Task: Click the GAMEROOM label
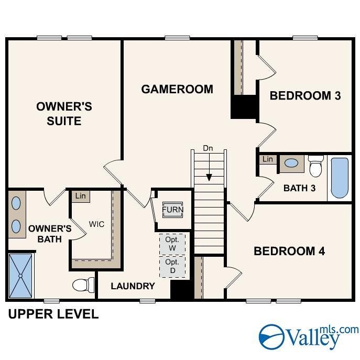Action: [177, 89]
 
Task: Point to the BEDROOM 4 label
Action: [289, 251]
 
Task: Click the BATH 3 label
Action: [299, 188]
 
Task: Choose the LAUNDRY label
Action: [133, 286]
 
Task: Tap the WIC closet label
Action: [96, 224]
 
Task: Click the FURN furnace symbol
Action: [172, 210]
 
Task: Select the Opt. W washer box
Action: [172, 243]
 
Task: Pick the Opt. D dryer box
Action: [172, 266]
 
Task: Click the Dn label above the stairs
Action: [209, 149]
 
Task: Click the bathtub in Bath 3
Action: [340, 178]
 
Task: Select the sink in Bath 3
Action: [291, 163]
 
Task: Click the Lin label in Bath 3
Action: [268, 159]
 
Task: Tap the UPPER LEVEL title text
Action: [53, 314]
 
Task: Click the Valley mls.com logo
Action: [309, 336]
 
